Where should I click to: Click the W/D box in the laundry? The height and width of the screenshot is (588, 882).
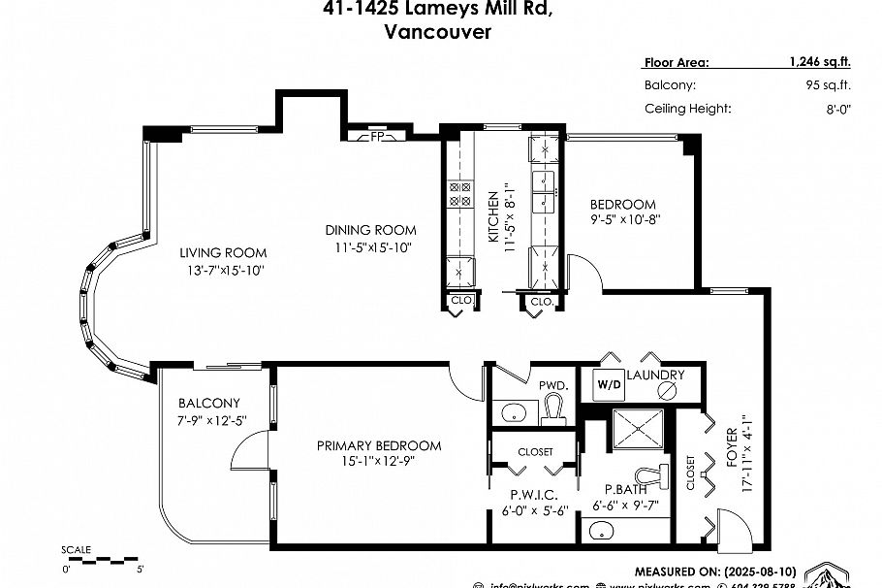point(610,384)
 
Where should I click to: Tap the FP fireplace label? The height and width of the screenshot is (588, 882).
point(378,137)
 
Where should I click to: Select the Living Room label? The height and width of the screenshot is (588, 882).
point(223,253)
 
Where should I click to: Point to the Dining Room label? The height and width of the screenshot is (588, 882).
point(370,230)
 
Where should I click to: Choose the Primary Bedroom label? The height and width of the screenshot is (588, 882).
point(379,446)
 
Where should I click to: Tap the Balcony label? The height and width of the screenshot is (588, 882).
point(209,404)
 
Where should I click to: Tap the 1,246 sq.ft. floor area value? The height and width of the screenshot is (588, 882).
point(819,62)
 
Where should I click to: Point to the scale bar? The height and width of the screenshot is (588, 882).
point(103,560)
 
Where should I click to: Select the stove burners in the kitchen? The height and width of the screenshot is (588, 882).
point(458,195)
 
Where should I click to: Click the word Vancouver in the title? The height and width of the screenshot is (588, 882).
point(437,32)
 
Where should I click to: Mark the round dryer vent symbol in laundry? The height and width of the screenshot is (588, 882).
point(666,389)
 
